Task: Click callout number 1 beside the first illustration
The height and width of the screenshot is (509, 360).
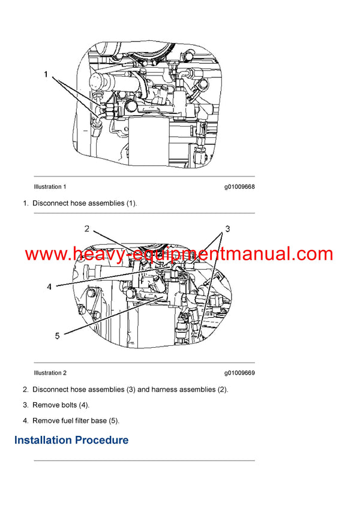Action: (x=46, y=75)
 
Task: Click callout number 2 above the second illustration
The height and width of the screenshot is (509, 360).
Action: (x=86, y=228)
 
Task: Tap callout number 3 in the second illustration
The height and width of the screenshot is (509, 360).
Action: (x=227, y=229)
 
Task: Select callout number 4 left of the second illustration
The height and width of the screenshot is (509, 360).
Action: (x=49, y=287)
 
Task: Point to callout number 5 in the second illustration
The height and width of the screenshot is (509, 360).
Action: (x=58, y=336)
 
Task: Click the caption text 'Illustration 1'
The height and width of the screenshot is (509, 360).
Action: (x=50, y=187)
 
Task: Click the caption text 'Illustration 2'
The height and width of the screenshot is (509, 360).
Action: (x=50, y=373)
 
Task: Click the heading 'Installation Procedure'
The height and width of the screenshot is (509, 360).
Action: (x=71, y=441)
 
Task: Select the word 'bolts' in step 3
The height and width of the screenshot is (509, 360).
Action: (x=69, y=405)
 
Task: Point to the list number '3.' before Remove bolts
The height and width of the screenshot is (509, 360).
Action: (x=26, y=405)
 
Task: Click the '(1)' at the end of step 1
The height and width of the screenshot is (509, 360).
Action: (x=131, y=203)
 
